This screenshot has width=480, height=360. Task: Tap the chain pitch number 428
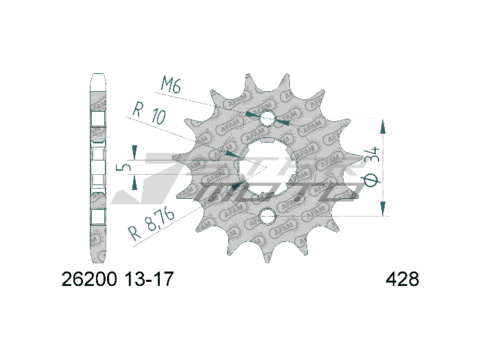coord(403,280)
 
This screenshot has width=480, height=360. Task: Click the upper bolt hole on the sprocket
coord(267,119)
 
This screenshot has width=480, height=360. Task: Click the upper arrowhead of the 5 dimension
coord(135,154)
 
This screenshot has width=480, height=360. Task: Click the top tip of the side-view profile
coord(98,74)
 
